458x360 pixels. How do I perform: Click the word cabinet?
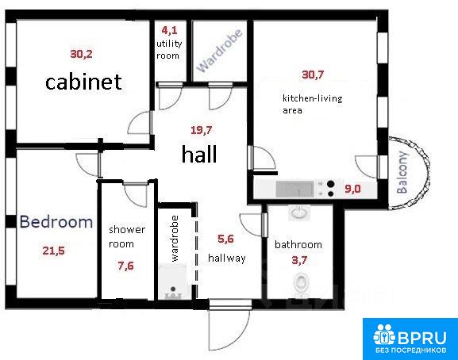click(83, 82)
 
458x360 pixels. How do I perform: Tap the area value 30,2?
click(81, 54)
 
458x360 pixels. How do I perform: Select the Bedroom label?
click(56, 222)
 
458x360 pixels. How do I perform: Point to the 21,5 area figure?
click(54, 251)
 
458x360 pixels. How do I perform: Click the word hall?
click(199, 154)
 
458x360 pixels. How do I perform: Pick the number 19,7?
click(202, 130)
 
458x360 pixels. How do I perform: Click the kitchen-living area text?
click(312, 104)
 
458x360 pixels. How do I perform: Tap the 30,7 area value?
click(313, 75)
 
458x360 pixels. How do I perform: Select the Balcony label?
click(402, 172)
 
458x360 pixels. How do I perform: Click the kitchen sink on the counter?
click(295, 189)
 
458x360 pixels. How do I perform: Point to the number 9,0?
click(352, 189)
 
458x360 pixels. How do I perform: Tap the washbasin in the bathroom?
click(299, 213)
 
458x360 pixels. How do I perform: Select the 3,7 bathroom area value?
click(300, 260)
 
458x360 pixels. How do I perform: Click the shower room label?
click(127, 236)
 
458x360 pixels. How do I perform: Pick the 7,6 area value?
click(126, 266)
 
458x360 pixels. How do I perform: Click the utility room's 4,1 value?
click(169, 30)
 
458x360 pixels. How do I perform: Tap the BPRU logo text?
click(421, 338)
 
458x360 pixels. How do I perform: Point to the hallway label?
click(227, 259)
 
